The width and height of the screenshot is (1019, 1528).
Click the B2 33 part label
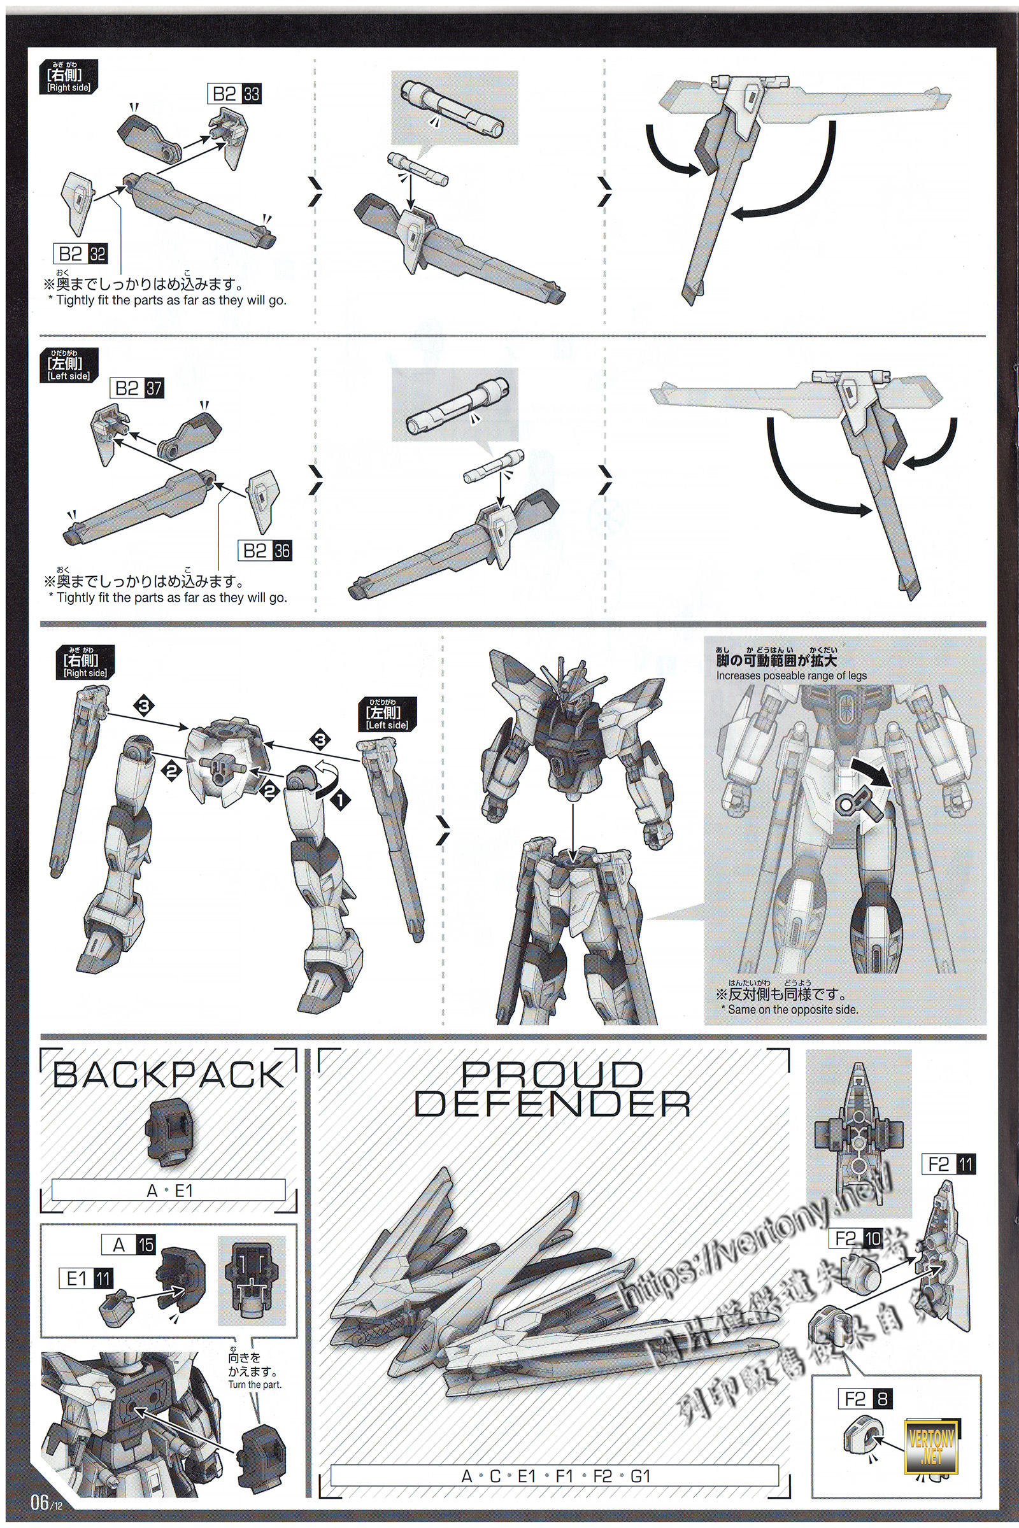click(x=233, y=94)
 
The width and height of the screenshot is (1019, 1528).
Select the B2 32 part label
click(x=82, y=253)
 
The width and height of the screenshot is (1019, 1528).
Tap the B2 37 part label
click(x=136, y=388)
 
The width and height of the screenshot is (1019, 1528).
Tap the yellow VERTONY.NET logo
click(x=931, y=1440)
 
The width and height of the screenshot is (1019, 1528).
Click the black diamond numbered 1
click(x=340, y=800)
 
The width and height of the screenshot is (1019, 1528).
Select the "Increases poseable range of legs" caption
click(x=791, y=676)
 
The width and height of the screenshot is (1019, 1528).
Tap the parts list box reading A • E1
click(x=168, y=1191)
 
